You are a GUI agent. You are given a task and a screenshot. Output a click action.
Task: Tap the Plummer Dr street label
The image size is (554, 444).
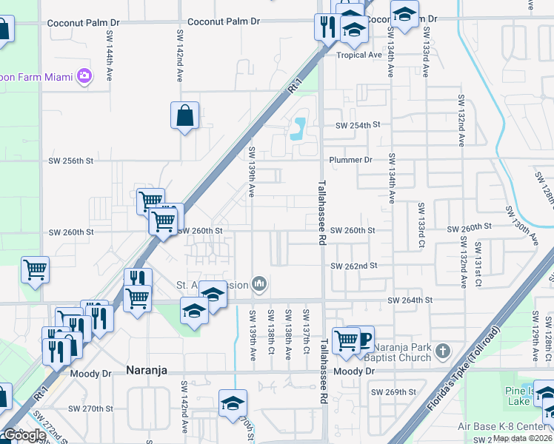pos(351,160)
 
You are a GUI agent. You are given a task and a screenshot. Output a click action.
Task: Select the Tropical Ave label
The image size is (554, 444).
pos(358,55)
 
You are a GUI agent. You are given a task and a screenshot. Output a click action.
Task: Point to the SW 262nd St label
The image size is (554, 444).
pos(354,266)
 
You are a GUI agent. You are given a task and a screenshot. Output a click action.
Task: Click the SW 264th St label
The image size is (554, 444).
pos(410,300)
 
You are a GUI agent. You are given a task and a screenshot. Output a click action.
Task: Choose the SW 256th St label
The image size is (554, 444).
pos(71,161)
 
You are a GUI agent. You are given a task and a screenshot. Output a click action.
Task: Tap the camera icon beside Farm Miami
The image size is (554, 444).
pos(84,75)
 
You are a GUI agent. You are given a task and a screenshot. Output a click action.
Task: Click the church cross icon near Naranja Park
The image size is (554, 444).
pos(442,349)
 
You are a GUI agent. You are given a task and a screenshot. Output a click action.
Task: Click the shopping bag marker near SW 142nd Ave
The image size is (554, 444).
pos(184,115)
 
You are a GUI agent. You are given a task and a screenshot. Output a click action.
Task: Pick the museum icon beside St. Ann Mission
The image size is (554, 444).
pos(259,283)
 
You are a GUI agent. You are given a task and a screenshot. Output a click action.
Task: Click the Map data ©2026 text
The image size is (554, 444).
pos(523,438)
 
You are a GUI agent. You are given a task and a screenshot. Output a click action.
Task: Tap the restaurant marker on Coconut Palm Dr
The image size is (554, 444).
pos(327,27)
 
